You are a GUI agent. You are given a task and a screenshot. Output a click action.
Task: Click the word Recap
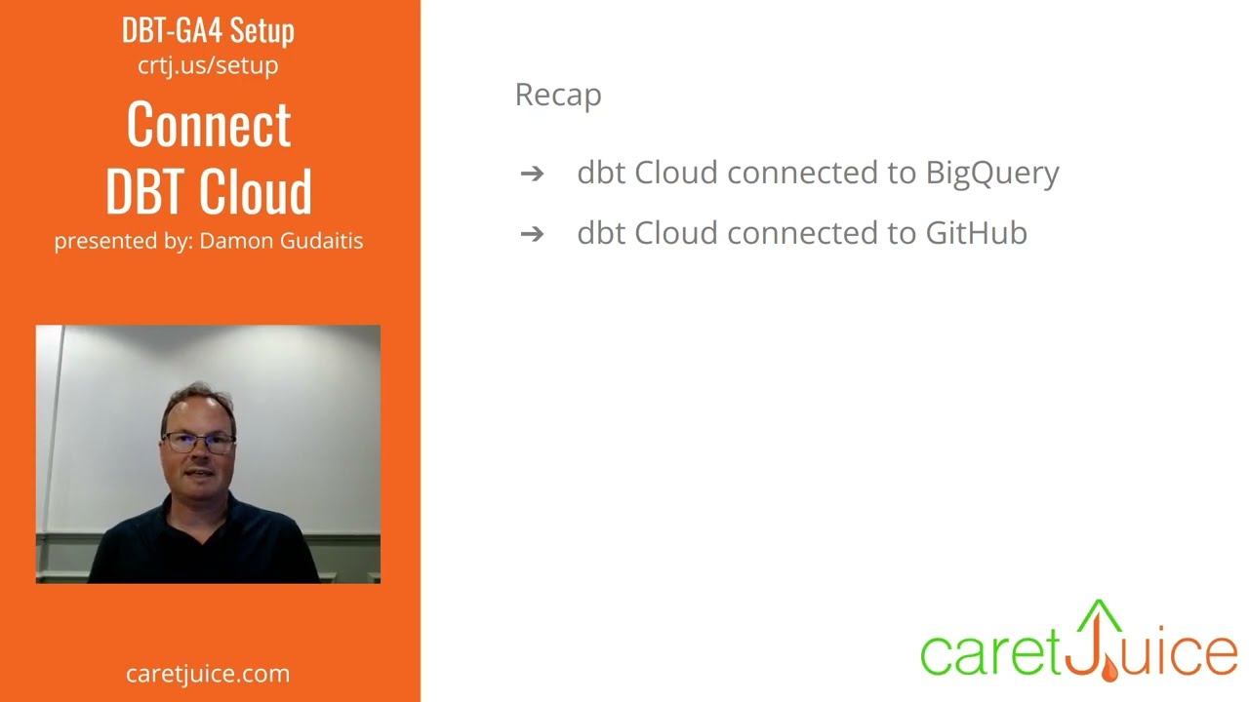pyautogui.click(x=558, y=95)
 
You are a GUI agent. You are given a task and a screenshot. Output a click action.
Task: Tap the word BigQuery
pyautogui.click(x=991, y=173)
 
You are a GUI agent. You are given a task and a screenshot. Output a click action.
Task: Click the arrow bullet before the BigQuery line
pyautogui.click(x=532, y=174)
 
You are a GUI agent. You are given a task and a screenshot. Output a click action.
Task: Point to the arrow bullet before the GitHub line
pyautogui.click(x=532, y=234)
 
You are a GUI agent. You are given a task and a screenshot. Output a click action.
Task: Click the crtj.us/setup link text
pyautogui.click(x=208, y=65)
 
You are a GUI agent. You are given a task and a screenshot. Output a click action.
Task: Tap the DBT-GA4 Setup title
pyautogui.click(x=208, y=30)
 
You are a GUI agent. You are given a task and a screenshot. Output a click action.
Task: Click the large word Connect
pyautogui.click(x=209, y=125)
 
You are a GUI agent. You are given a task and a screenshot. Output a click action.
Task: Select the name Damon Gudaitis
pyautogui.click(x=281, y=241)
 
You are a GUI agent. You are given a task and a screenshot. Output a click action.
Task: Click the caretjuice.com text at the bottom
pyautogui.click(x=208, y=674)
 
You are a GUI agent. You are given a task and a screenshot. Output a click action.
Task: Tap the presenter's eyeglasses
pyautogui.click(x=198, y=443)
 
